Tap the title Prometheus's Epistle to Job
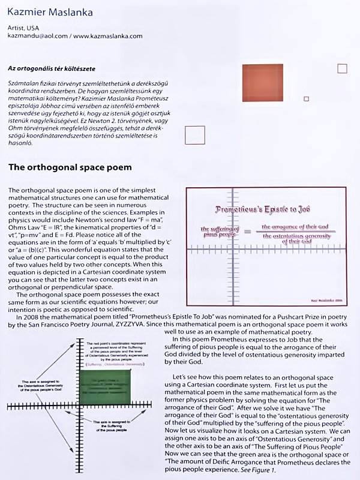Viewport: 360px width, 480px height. pyautogui.click(x=262, y=209)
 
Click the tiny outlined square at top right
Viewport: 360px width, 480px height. pyautogui.click(x=342, y=68)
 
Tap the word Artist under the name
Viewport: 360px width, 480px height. pyautogui.click(x=17, y=28)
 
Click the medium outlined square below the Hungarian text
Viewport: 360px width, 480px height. pyautogui.click(x=195, y=135)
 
